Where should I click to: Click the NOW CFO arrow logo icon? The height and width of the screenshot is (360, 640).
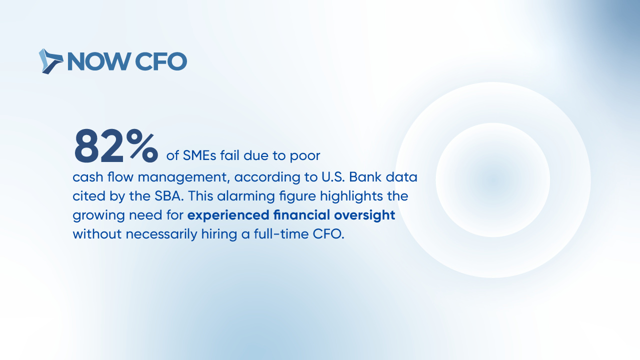point(51,61)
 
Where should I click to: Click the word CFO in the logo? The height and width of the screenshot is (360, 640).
point(161,61)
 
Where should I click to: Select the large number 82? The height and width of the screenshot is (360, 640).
point(99,145)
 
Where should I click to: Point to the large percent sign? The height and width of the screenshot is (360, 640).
point(142,145)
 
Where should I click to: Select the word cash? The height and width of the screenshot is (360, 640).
point(88,177)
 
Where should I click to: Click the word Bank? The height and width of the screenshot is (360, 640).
point(365,177)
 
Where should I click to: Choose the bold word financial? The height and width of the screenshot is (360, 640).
point(301,215)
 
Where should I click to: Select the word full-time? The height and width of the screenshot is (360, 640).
point(281,234)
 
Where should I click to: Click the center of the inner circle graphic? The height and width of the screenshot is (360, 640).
point(493,180)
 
